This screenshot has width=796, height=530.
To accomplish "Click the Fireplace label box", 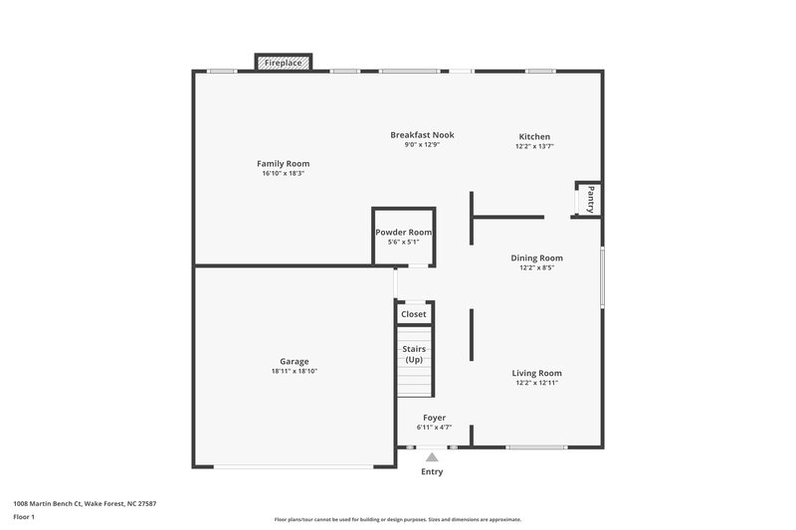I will point(284,63).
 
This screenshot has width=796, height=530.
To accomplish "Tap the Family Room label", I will point(283,163).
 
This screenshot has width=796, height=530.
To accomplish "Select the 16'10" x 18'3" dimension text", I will point(283,174).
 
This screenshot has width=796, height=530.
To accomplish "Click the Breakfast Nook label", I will point(422,134).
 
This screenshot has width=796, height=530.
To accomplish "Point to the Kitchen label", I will point(534,136).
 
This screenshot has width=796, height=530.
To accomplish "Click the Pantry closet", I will point(588,199).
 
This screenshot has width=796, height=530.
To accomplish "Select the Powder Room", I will point(403,236).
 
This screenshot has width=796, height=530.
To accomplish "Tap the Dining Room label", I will point(537,258).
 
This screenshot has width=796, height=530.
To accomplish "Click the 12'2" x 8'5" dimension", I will point(537,267).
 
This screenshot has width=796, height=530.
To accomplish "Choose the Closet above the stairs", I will point(413,314).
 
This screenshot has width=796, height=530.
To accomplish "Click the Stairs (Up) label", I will point(414,354).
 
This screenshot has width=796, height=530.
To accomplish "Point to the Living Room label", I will point(537,373).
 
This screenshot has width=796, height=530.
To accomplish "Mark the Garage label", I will point(294,361).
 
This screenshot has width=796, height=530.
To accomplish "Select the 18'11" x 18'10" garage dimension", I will point(294,372).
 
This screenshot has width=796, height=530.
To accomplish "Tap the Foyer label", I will point(434,418).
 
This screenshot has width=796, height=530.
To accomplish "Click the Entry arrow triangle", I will point(432,456).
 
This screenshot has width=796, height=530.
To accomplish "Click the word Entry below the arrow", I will point(432,471).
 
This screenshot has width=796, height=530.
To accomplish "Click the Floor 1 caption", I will point(24,518).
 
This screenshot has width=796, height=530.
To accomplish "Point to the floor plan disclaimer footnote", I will point(397,519).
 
